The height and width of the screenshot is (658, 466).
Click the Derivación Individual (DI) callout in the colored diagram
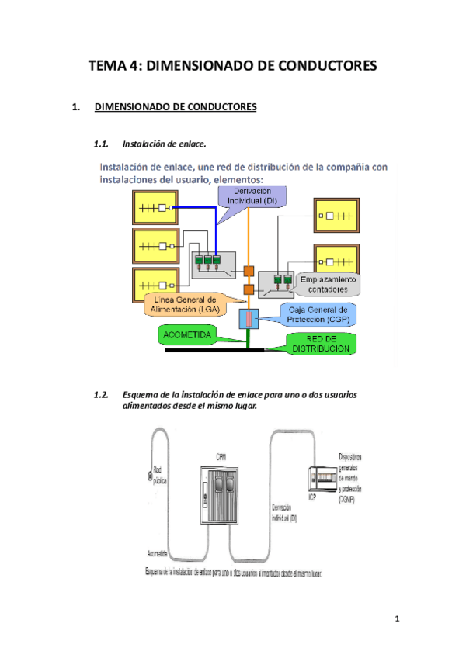tap(252, 196)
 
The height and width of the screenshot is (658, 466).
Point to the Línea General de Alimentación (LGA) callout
tap(185, 304)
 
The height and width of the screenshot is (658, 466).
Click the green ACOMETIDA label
tap(188, 334)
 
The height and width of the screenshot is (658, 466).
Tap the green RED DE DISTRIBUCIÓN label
tap(320, 343)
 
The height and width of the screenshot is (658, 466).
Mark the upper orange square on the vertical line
tap(249, 272)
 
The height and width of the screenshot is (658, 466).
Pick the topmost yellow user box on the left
tap(154, 209)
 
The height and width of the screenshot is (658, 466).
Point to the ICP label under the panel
tap(312, 498)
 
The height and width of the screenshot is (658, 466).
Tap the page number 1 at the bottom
tap(396, 618)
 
